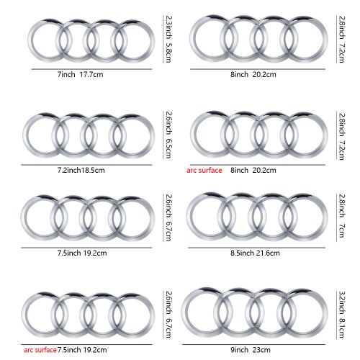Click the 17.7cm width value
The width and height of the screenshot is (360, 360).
[91, 74]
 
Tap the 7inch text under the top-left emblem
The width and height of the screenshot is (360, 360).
[66, 74]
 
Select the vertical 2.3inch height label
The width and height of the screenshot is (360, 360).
[169, 27]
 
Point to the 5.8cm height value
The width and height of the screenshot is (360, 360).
[169, 53]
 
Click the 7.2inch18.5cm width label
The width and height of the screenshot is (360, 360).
[81, 171]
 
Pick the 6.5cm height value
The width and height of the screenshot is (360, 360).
[169, 148]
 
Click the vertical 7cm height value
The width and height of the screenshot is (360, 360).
[342, 230]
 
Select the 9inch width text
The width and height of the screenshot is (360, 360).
[239, 350]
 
